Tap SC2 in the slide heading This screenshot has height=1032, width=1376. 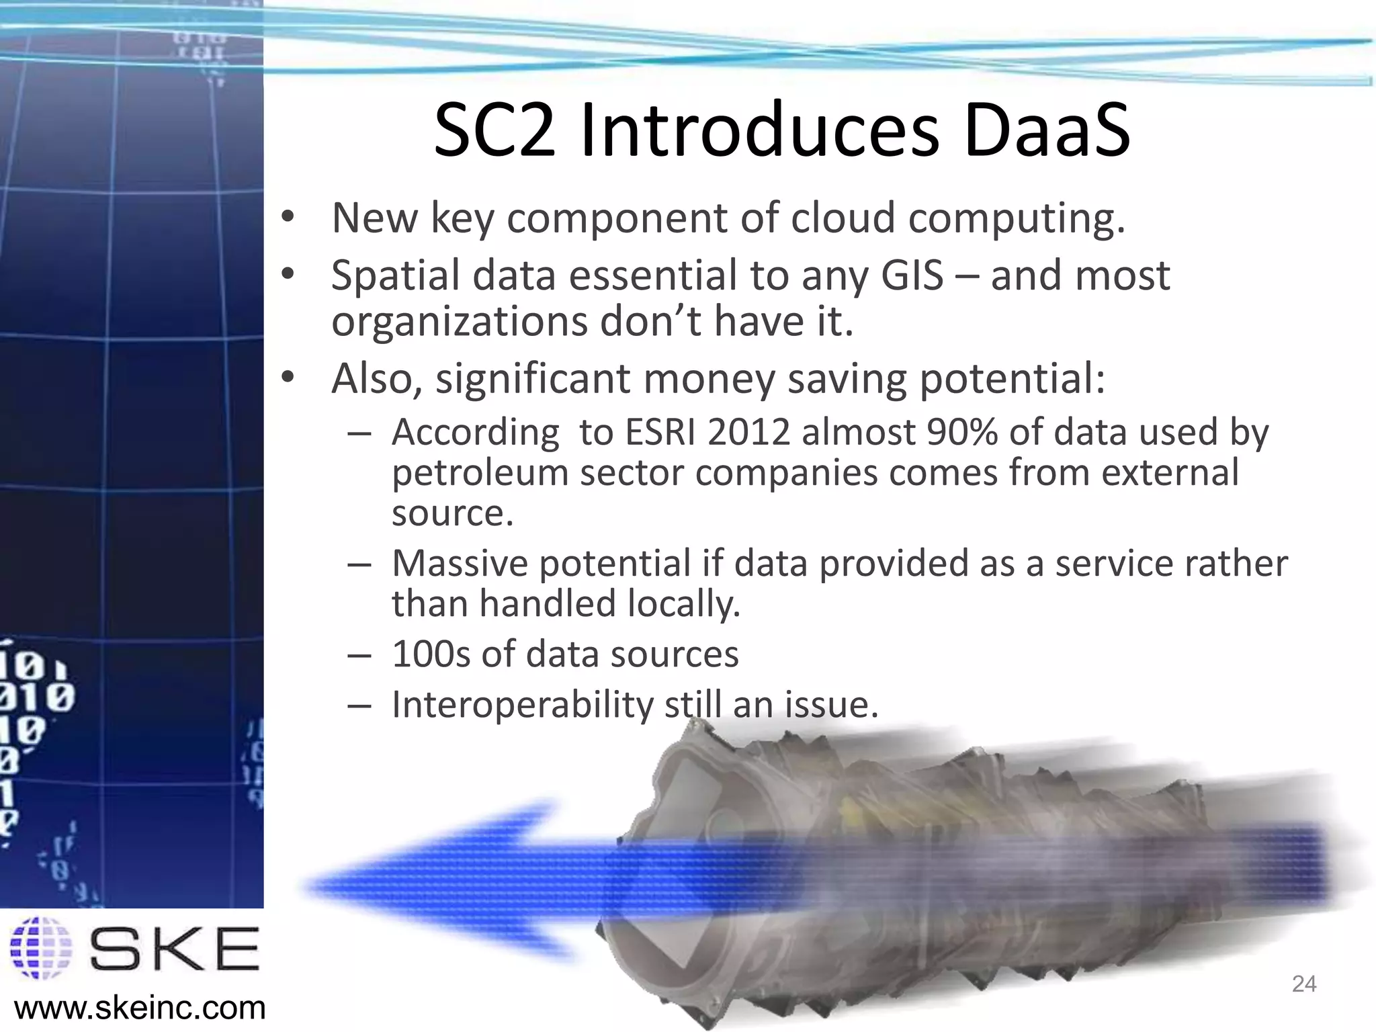pyautogui.click(x=495, y=130)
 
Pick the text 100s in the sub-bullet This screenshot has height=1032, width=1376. pyautogui.click(x=431, y=654)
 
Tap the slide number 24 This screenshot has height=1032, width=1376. pyautogui.click(x=1304, y=984)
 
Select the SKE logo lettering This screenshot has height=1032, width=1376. pyautogui.click(x=174, y=948)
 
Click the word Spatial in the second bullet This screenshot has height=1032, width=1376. pyautogui.click(x=396, y=275)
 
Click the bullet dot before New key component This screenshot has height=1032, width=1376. pyautogui.click(x=288, y=218)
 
